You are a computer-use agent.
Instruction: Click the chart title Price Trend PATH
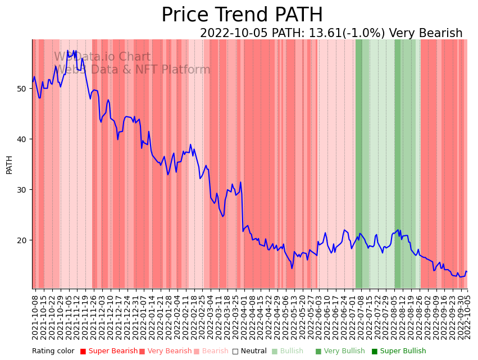(242, 15)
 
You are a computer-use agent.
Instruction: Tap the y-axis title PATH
(9, 165)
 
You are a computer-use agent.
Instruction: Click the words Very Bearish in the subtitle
(426, 34)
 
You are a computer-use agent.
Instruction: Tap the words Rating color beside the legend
(53, 352)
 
